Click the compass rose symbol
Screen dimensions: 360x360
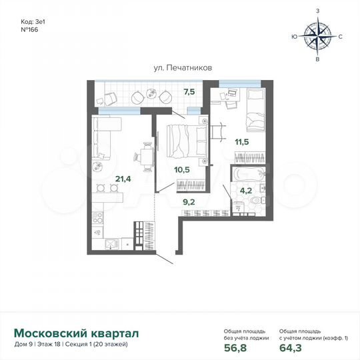tap(317, 37)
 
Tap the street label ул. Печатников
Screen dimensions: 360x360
tap(176, 67)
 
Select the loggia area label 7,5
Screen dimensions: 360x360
tap(189, 91)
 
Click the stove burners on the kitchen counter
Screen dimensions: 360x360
tap(97, 217)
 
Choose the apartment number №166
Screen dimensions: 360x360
tap(30, 29)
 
